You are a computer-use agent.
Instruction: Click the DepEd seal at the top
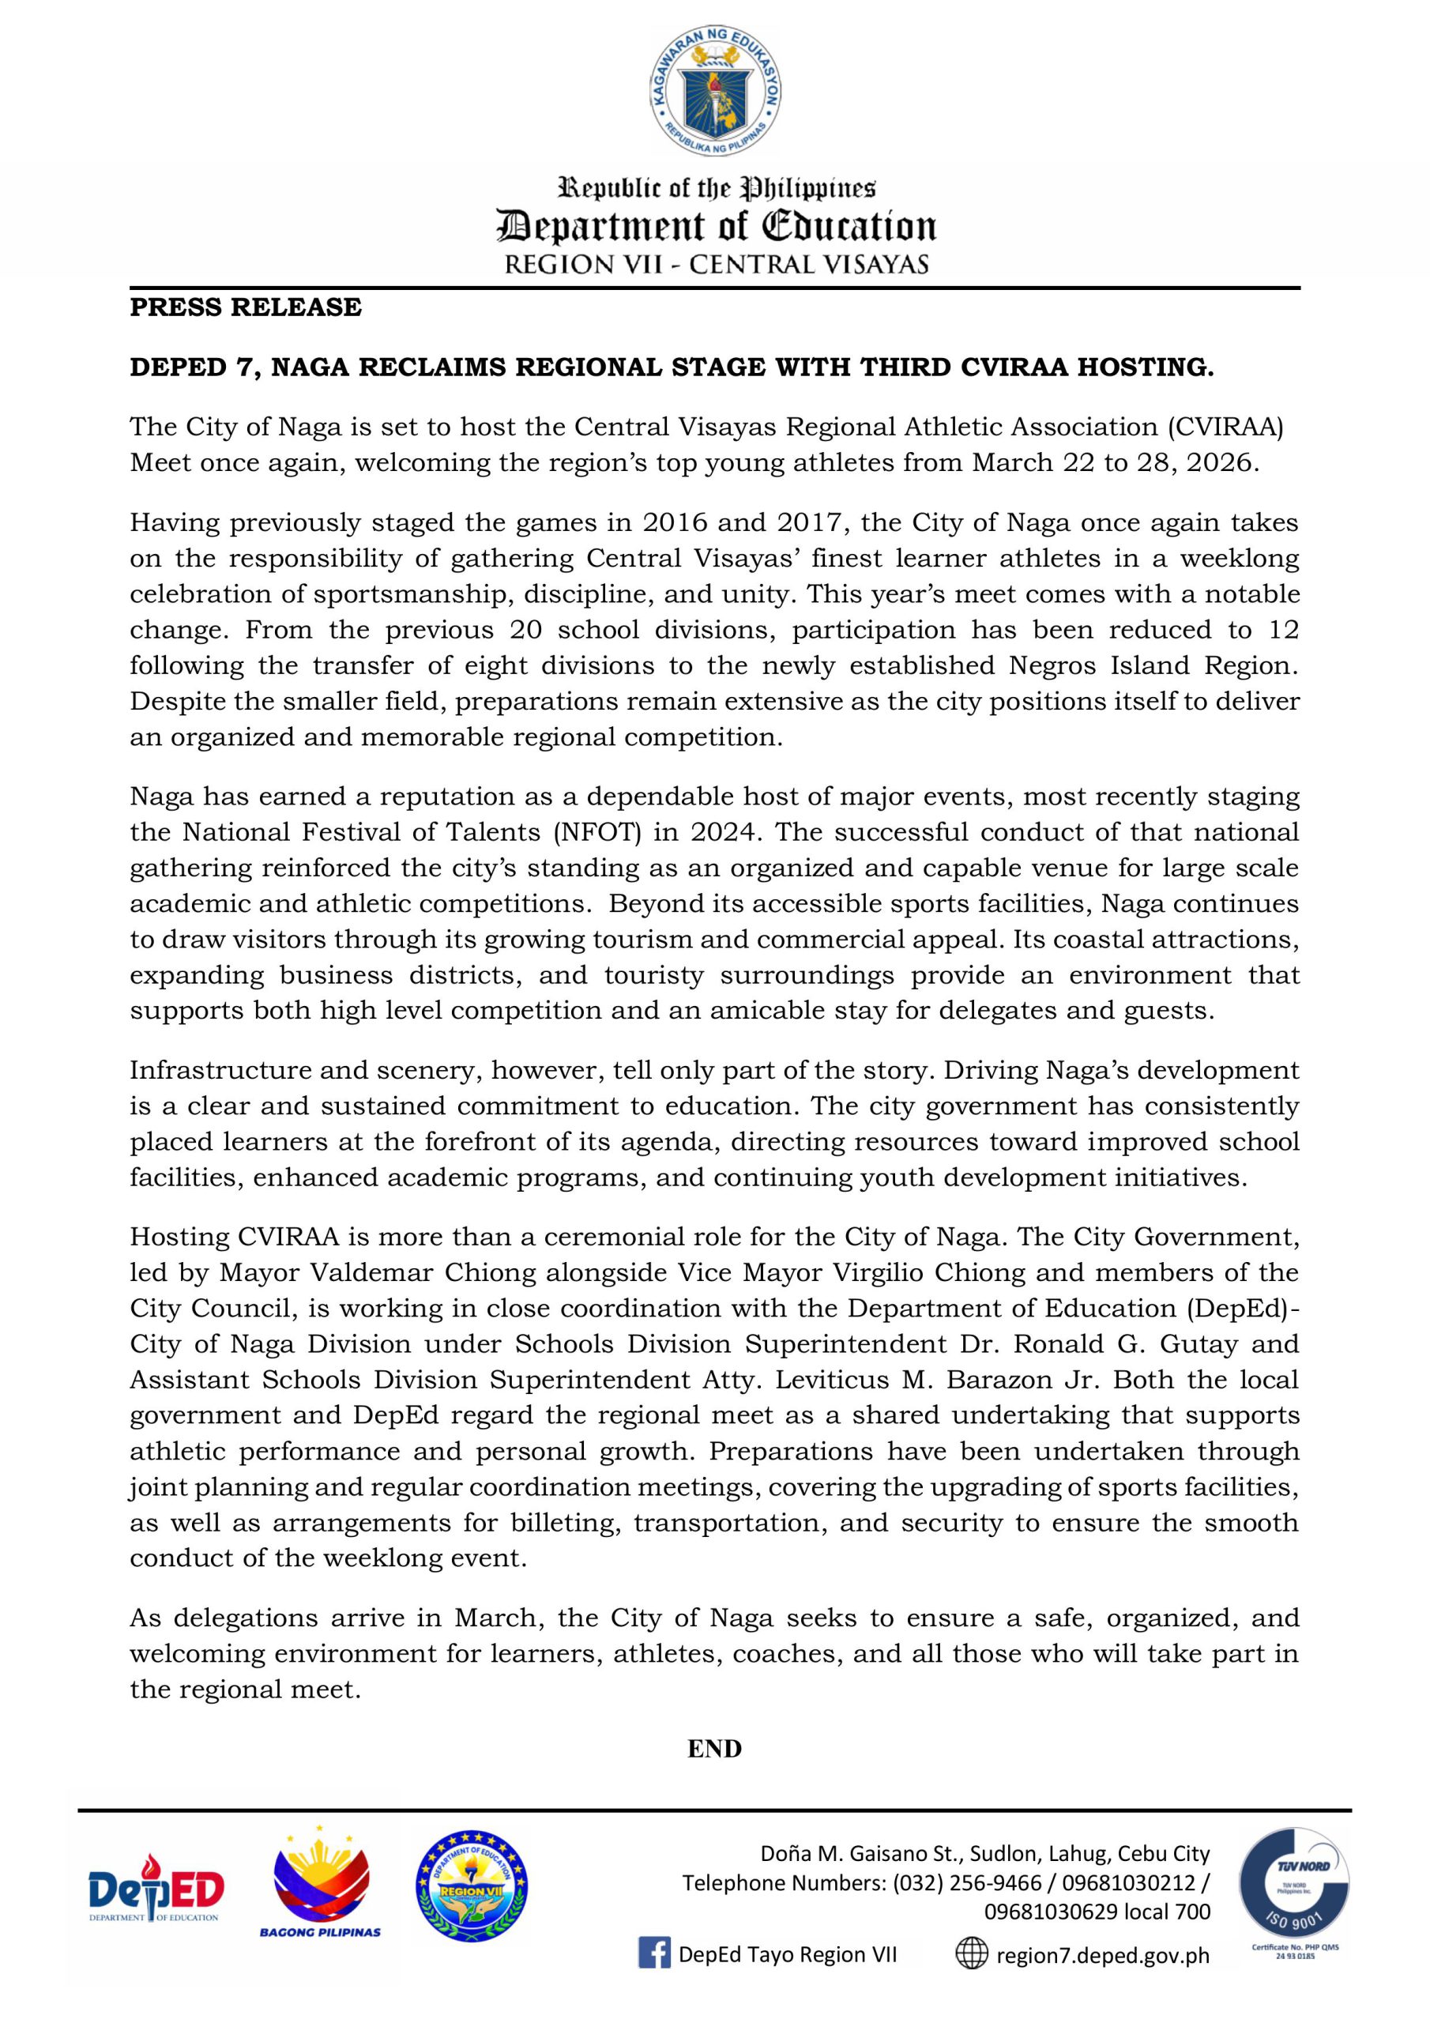point(716,92)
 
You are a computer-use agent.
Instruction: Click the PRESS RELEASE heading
point(246,307)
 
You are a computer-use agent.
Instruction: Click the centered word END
point(714,1749)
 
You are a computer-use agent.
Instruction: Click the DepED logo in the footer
point(156,1888)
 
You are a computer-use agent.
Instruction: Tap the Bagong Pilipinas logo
point(320,1883)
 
